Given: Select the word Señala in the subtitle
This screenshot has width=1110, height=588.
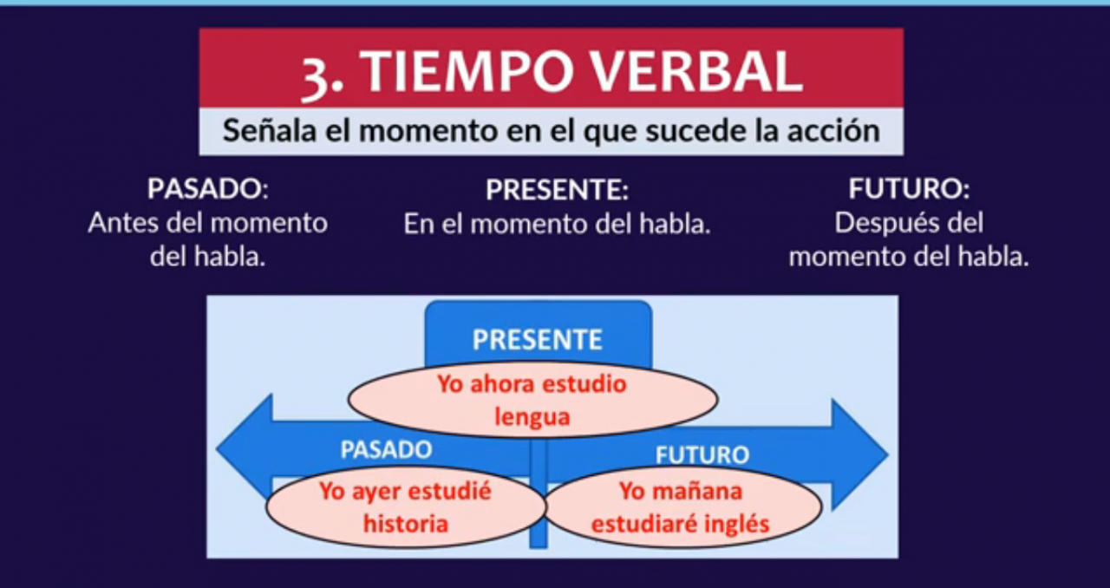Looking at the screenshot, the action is click(270, 130).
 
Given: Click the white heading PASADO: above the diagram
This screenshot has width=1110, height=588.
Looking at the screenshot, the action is click(208, 188).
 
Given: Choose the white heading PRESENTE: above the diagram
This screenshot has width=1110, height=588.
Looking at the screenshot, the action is click(557, 189).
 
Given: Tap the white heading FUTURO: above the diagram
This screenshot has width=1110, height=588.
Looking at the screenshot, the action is click(910, 188).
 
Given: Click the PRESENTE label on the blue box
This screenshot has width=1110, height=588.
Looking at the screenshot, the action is click(538, 340).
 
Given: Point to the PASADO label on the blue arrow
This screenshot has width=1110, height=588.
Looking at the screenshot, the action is click(387, 450).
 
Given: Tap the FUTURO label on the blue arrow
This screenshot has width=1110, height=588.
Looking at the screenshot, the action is click(702, 455).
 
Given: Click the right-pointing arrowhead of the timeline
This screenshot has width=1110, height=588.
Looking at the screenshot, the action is click(859, 454).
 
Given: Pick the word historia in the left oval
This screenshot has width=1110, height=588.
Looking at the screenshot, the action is click(406, 524).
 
